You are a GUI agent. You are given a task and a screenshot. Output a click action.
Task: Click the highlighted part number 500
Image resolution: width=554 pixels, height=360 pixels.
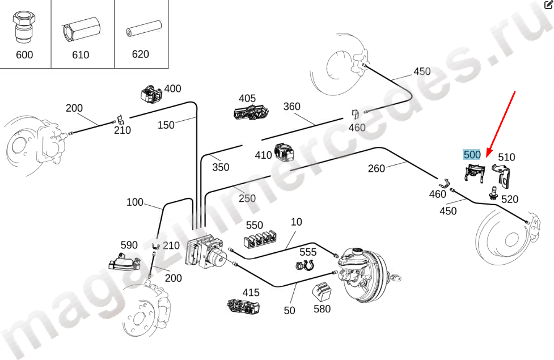(x=472, y=154)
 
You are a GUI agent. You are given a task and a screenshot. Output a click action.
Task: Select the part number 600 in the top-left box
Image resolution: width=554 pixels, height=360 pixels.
(x=24, y=55)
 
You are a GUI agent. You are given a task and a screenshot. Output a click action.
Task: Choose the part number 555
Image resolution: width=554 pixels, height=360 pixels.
(x=308, y=252)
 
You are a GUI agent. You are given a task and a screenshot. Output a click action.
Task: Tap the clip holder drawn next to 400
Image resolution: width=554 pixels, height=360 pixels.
(x=151, y=93)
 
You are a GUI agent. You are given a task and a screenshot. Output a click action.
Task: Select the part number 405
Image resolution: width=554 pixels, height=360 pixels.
(x=247, y=98)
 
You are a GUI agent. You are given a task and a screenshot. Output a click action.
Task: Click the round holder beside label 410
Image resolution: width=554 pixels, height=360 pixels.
(x=283, y=153)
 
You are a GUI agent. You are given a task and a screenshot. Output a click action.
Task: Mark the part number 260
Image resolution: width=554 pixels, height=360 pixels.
(x=377, y=168)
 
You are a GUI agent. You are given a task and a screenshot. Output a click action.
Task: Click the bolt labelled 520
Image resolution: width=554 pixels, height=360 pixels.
(x=494, y=192)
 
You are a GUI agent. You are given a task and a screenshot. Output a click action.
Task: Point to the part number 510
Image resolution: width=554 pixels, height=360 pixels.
(x=506, y=157)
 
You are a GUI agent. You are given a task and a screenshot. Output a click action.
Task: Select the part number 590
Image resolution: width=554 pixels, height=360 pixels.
(x=129, y=245)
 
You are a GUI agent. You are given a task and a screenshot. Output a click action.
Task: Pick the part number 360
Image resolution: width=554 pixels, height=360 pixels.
(x=291, y=107)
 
